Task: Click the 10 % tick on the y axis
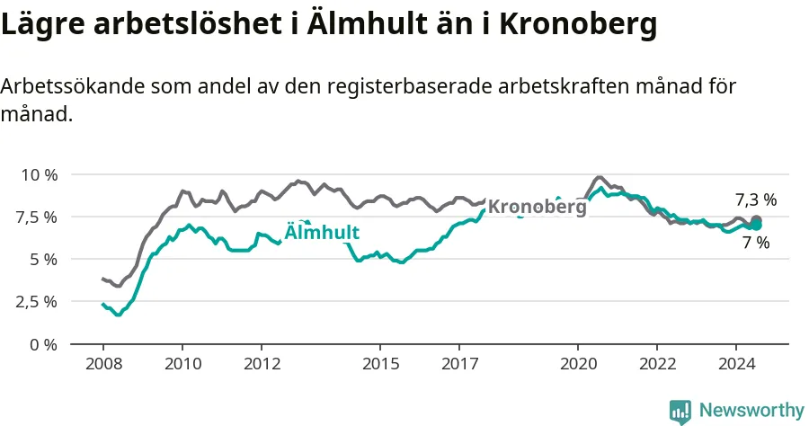[40, 175]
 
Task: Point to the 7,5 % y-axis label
[36, 217]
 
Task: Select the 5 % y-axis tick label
[43, 260]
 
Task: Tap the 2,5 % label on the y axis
[36, 302]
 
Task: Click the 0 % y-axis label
[43, 344]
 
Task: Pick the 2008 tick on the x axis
[103, 364]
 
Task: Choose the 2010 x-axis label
[182, 364]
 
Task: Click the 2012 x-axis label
[262, 364]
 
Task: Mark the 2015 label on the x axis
[381, 364]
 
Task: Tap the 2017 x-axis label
[459, 364]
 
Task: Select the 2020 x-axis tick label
[578, 364]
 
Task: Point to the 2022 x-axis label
[657, 364]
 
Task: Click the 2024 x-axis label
[737, 364]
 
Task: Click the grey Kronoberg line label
[538, 208]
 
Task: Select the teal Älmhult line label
[322, 232]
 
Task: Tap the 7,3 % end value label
[756, 200]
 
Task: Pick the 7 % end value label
[756, 242]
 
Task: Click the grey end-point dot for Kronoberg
[756, 220]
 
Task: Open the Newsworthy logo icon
[680, 413]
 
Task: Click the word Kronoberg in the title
[578, 24]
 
